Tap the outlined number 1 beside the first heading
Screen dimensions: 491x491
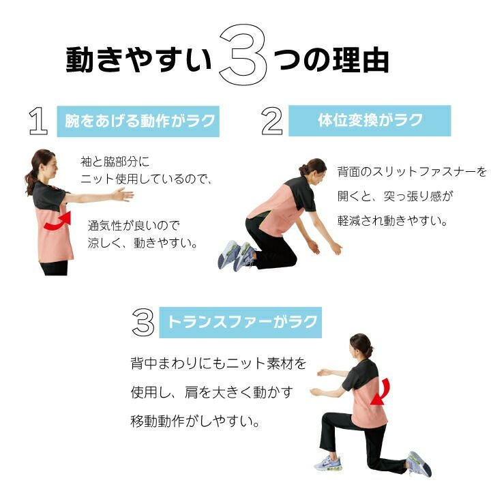[x=38, y=121]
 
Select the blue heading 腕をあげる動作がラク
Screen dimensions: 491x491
[x=138, y=121]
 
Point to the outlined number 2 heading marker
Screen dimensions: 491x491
[x=272, y=121]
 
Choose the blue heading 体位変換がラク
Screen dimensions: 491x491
[x=370, y=121]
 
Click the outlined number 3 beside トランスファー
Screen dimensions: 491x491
[x=143, y=322]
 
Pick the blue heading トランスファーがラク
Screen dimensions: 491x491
[x=241, y=322]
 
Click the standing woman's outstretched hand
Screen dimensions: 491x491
[x=123, y=194]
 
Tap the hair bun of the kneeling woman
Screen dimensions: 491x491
[x=303, y=170]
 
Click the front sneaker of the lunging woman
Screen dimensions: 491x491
[x=327, y=463]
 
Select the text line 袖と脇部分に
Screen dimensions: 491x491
[x=115, y=162]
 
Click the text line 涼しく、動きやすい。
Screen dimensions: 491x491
[x=143, y=243]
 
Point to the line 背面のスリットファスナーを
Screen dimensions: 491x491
[x=412, y=172]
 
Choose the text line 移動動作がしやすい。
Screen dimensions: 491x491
[x=195, y=421]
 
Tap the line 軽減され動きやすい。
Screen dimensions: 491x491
[x=392, y=220]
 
